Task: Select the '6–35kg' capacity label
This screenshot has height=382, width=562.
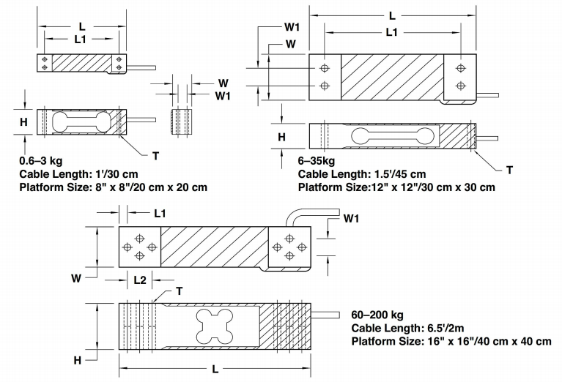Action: [x=316, y=160]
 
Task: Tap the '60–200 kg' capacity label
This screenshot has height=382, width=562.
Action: [x=380, y=314]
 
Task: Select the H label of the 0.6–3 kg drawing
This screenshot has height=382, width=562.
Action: [x=23, y=123]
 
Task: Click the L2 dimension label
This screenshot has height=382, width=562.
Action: [x=141, y=280]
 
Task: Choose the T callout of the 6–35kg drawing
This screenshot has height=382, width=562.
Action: [x=510, y=169]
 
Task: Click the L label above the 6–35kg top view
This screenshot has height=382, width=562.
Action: [x=393, y=15]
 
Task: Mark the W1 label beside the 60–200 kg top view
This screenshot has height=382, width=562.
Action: [x=352, y=219]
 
